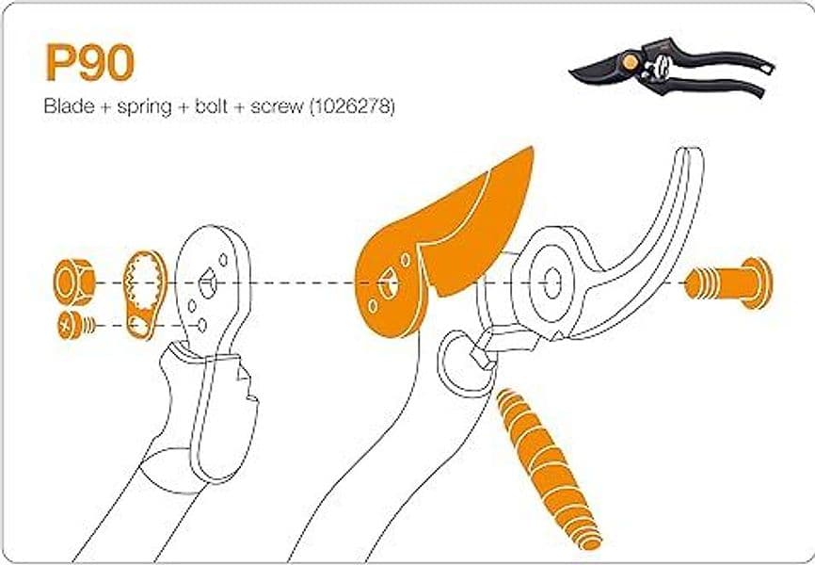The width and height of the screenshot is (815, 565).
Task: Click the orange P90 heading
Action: coord(90,62)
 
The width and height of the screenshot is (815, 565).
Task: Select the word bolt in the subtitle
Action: coord(212,106)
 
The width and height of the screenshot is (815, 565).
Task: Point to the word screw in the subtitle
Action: coord(277,107)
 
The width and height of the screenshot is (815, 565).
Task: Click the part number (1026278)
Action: coord(352,107)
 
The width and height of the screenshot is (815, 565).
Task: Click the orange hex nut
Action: coord(74,282)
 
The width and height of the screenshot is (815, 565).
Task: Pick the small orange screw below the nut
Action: coord(76,326)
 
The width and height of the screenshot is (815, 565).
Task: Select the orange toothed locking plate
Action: coord(145,295)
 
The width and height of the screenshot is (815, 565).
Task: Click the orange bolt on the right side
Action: coord(729,283)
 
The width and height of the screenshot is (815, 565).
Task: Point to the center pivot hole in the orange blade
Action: coord(387,283)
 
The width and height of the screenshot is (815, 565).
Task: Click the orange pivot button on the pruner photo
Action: coord(630,62)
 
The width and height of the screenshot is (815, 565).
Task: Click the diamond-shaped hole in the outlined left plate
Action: coord(208,283)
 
